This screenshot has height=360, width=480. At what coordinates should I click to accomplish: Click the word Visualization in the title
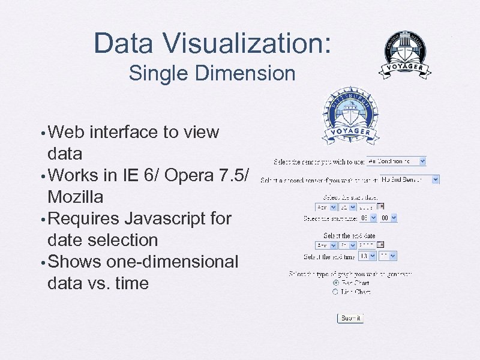click(x=244, y=44)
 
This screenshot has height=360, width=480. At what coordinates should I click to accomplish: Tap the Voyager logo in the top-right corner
click(x=405, y=56)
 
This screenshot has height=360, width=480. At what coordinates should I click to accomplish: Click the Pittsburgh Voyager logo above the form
click(x=350, y=116)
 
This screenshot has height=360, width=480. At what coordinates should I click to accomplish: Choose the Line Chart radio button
click(x=335, y=292)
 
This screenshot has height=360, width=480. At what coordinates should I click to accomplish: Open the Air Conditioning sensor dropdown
click(x=397, y=161)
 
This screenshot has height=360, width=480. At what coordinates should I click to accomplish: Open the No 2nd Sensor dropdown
click(x=410, y=179)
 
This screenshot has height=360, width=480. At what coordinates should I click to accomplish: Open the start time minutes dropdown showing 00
click(x=389, y=218)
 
